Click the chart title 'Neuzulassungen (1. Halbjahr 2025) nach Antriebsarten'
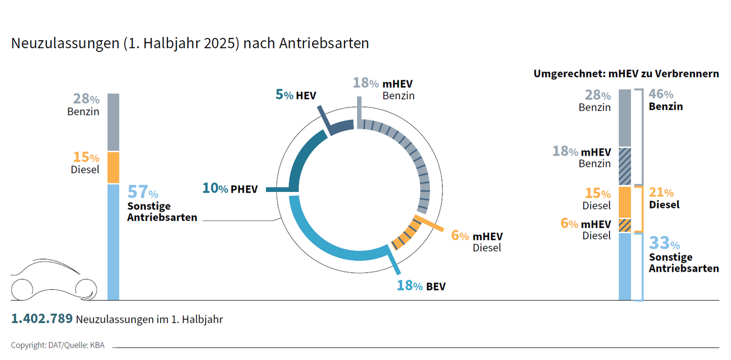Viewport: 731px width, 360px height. point(190,44)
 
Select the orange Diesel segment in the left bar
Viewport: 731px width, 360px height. point(113,168)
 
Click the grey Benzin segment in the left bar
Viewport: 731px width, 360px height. point(113,122)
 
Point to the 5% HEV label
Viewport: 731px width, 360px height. point(295,95)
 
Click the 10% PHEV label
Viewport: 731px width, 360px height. point(230,188)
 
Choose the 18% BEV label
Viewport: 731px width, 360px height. point(421,286)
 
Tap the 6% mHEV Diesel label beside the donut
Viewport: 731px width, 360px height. point(476,241)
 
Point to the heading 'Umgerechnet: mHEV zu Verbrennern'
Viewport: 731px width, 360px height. point(626,74)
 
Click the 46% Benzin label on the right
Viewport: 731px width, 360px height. point(665,100)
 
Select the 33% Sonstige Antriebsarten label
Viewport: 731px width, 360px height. point(683,256)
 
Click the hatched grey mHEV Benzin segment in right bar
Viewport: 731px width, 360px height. point(625,166)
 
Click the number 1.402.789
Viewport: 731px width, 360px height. point(42,319)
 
